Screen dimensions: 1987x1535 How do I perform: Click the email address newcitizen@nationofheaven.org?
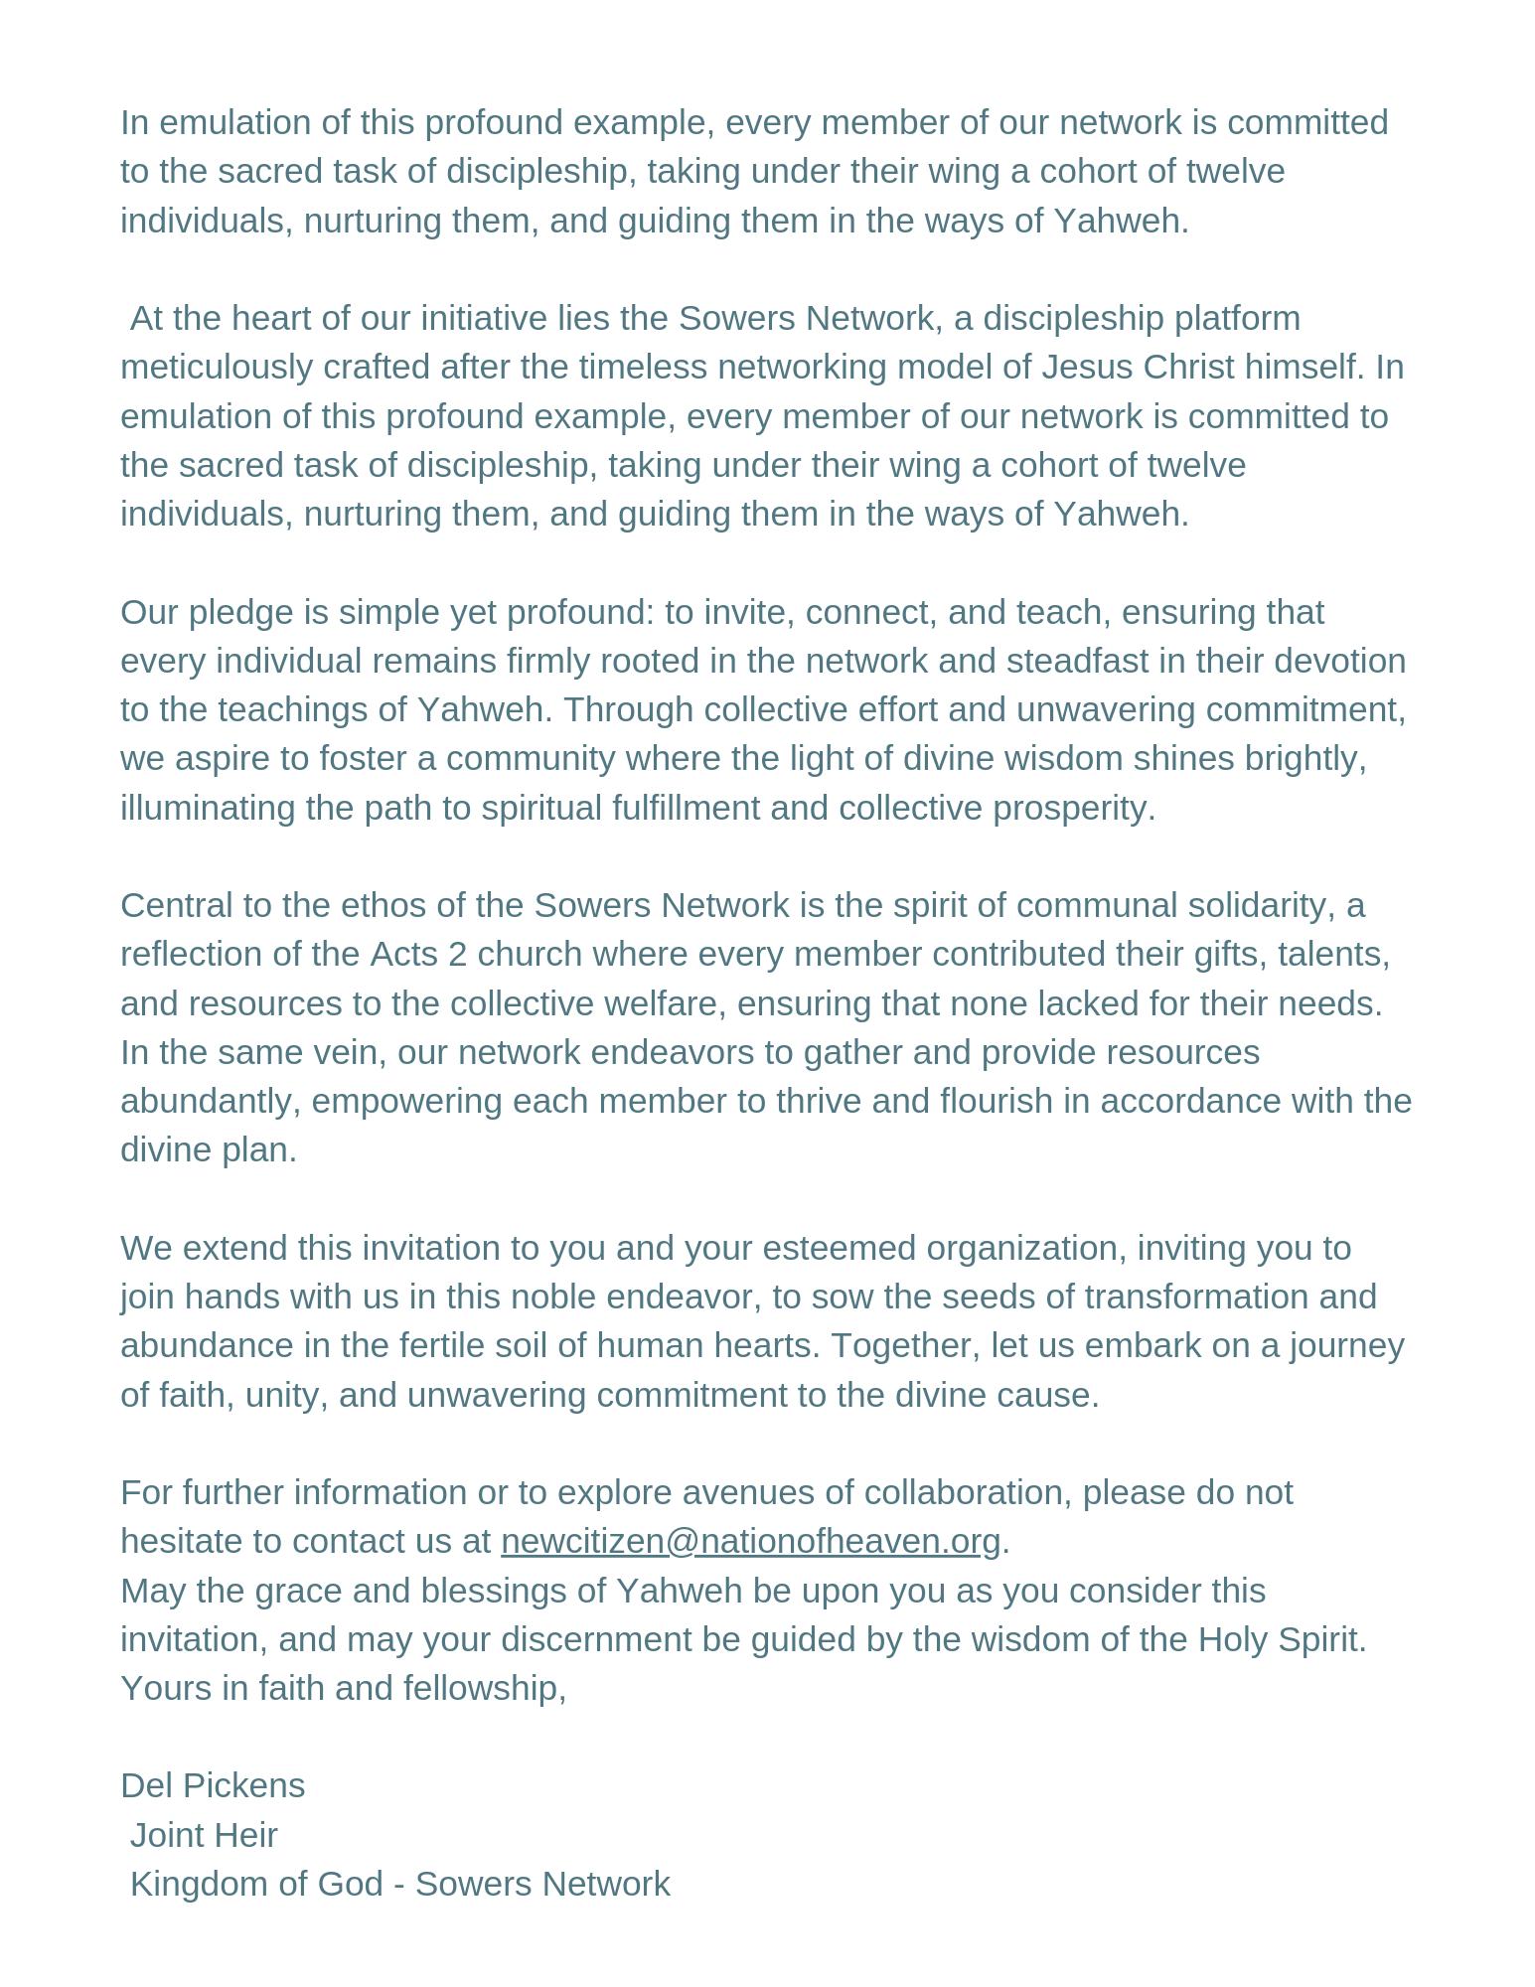750,1541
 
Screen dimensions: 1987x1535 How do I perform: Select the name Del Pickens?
213,1785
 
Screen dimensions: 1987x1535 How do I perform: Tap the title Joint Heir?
204,1834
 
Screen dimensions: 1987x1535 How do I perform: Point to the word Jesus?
1087,367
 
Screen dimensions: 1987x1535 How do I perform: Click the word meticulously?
217,367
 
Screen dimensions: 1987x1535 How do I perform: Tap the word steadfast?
1064,661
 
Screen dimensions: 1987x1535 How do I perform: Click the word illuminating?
208,808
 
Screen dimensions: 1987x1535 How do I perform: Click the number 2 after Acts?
457,954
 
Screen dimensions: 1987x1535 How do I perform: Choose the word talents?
1333,954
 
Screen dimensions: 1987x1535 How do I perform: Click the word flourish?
997,1101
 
